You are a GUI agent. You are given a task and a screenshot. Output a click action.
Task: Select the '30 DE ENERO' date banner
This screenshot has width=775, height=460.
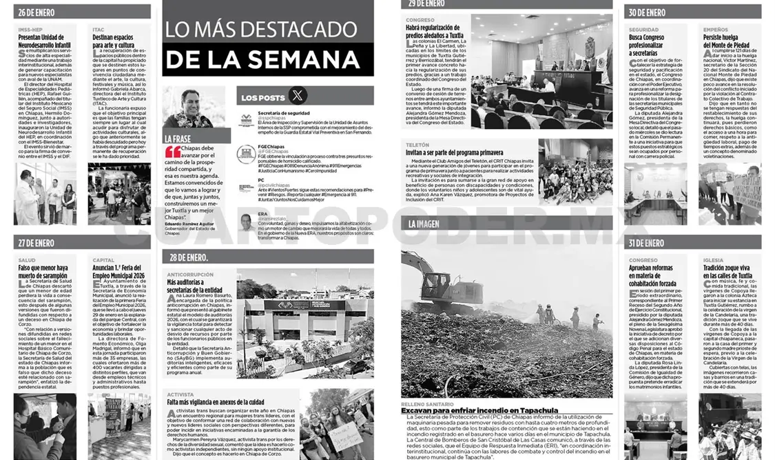point(647,12)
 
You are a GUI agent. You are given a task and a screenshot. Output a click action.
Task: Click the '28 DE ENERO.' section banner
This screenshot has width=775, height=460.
point(187,257)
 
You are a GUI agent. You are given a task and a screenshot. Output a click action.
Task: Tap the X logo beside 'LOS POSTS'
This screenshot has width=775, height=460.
point(298,97)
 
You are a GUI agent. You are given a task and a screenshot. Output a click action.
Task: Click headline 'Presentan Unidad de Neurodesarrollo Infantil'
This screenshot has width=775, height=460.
point(44,42)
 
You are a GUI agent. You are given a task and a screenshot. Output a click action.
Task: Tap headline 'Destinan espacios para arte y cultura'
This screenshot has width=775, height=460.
point(113,42)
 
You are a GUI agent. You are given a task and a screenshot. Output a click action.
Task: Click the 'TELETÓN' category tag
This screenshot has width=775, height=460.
point(417,146)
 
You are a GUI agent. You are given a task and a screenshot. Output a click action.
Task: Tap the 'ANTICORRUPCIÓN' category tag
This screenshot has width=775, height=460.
point(189,274)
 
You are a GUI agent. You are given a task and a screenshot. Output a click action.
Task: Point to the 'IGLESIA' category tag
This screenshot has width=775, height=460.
point(714,260)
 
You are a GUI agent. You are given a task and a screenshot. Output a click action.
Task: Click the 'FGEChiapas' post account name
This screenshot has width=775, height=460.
point(271,147)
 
